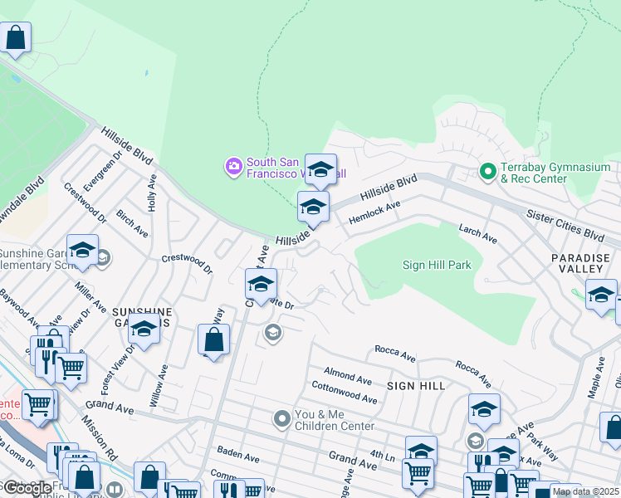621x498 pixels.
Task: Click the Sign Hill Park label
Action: (x=436, y=266)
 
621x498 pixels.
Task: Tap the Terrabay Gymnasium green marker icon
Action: (x=487, y=173)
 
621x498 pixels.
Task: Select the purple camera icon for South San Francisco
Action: (x=234, y=167)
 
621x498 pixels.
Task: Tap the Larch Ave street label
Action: (x=478, y=234)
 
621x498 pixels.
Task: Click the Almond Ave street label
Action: (x=348, y=378)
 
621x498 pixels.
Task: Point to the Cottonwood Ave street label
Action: (x=344, y=392)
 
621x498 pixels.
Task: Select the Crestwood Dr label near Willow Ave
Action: (x=187, y=264)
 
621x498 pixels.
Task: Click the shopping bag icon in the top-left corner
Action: (x=16, y=37)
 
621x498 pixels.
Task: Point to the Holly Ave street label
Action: (x=152, y=193)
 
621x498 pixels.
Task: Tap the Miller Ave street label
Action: (x=90, y=296)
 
